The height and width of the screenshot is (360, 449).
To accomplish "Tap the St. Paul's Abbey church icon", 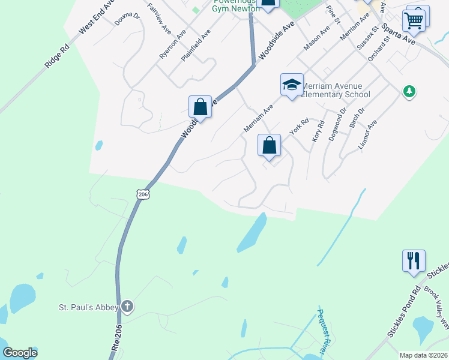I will pyautogui.click(x=127, y=307).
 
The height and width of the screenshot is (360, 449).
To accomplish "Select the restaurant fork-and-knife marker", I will pyautogui.click(x=414, y=261).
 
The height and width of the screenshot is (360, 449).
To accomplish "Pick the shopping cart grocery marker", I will pyautogui.click(x=414, y=20).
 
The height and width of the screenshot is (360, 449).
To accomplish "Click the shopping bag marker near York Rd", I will pyautogui.click(x=270, y=145).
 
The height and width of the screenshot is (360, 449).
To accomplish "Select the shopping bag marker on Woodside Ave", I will pyautogui.click(x=200, y=107).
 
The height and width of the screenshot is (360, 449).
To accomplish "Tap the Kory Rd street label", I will pyautogui.click(x=318, y=131).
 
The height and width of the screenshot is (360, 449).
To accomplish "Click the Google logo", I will pyautogui.click(x=20, y=353).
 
